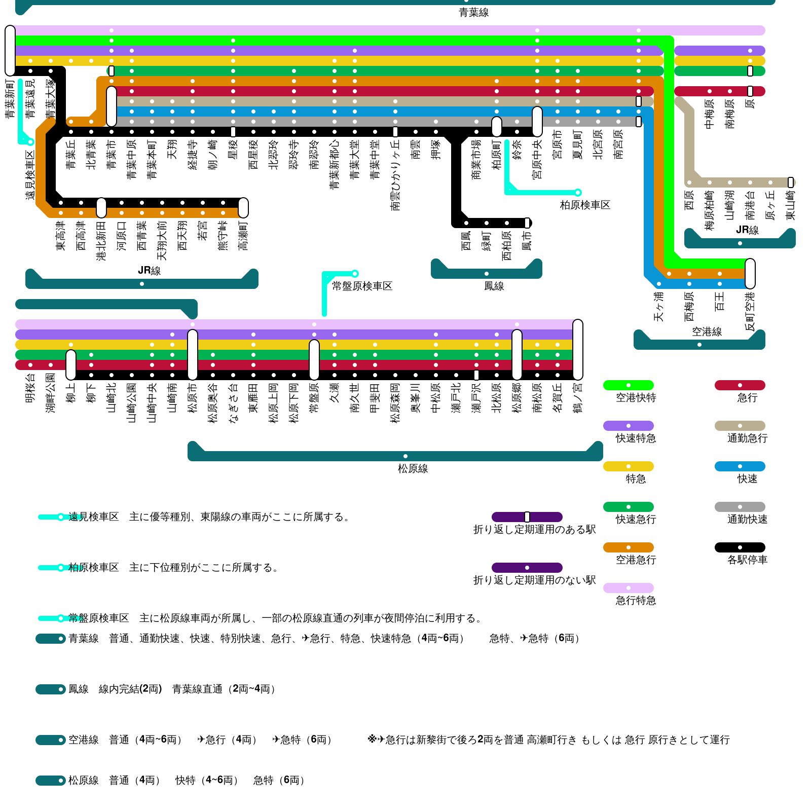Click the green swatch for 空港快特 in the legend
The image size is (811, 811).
pos(628,385)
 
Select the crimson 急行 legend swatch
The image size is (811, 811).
pos(740,385)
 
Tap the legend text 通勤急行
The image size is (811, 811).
pos(747,438)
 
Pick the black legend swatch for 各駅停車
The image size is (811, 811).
pos(740,547)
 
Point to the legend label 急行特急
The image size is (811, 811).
pos(636,601)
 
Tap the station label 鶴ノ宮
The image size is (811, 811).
pos(578,397)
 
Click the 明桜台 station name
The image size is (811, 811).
pos(30,388)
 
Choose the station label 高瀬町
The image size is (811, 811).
pos(243,235)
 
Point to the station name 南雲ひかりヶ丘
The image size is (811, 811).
pos(395,174)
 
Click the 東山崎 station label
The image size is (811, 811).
pos(791,205)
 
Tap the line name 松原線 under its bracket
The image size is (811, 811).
pos(413,469)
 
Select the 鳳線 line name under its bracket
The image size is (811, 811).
pos(494,286)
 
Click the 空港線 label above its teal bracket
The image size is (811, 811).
pos(707,332)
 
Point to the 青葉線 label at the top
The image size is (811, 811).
pos(473,13)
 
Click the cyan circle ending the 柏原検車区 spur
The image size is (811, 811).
pos(577,193)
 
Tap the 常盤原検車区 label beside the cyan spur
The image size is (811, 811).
pos(362,286)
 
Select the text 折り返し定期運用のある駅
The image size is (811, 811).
pos(534,530)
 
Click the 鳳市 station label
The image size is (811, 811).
pos(527,240)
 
